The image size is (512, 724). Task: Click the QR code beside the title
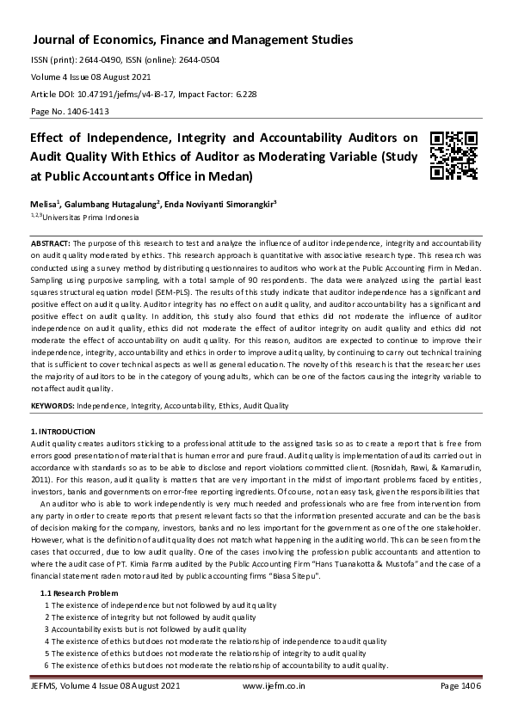[453, 156]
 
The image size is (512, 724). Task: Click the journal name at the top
[192, 40]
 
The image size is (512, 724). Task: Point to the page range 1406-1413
[83, 113]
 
